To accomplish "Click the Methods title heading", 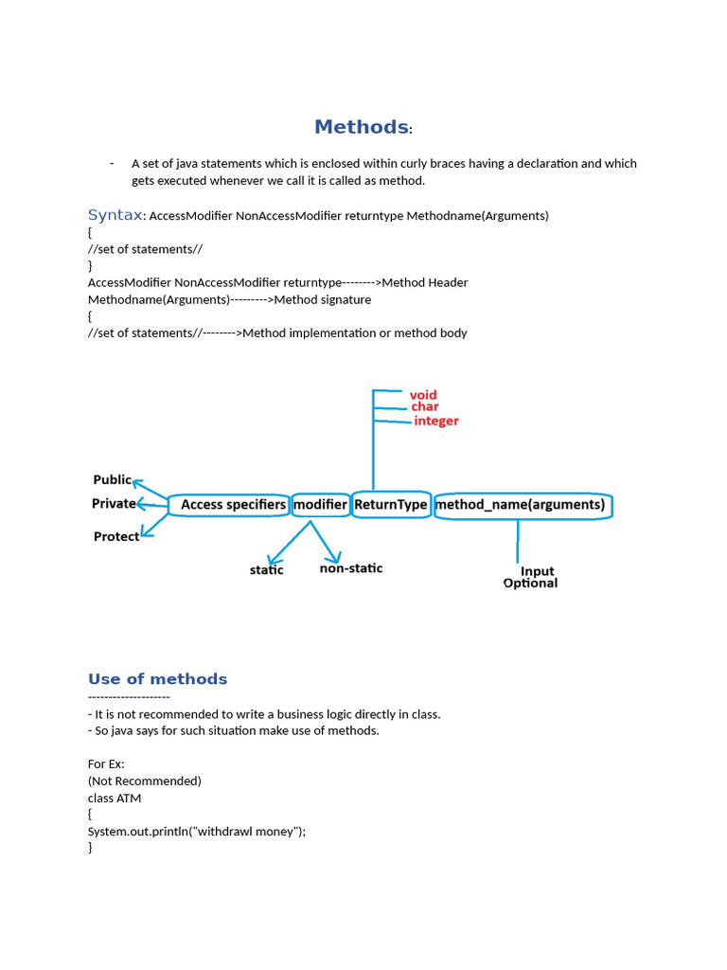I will click(362, 127).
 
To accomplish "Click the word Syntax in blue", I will click(115, 215).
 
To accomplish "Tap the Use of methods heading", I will click(157, 679).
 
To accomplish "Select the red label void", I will click(423, 394).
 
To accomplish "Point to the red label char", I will click(425, 407).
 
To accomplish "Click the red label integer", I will click(436, 421).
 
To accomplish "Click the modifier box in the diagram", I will click(320, 505).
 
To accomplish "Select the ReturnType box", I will click(391, 505).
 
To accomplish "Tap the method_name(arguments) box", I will click(523, 505).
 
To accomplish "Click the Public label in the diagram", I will click(112, 480).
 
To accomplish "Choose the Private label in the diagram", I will click(114, 504).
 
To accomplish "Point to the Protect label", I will click(115, 536).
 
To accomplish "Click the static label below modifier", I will click(266, 570).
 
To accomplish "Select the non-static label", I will click(351, 568).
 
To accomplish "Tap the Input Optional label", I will click(531, 577).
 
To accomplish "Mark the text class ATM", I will click(115, 798).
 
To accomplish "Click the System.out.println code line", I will click(197, 831).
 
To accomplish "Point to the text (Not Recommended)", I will click(145, 781).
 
